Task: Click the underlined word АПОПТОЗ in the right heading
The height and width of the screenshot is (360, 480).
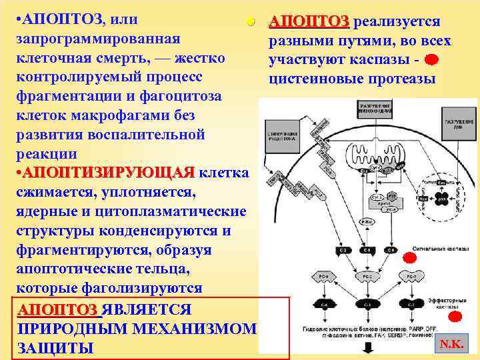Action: point(308,22)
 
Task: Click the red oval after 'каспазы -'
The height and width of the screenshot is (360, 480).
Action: point(431,61)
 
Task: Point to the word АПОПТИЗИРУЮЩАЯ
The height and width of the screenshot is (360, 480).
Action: point(107,173)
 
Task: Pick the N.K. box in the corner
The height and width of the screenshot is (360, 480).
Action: point(453,344)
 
